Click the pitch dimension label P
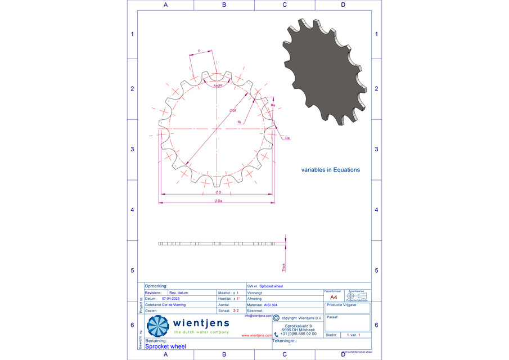199,51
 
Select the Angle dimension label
218,85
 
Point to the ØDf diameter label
232,111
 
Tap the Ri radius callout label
239,121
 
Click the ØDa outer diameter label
218,201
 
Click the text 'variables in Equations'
330,169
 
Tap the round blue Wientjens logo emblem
158,326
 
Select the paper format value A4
334,297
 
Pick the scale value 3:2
236,310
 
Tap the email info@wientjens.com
258,316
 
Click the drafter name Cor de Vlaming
173,304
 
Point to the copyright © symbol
276,318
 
